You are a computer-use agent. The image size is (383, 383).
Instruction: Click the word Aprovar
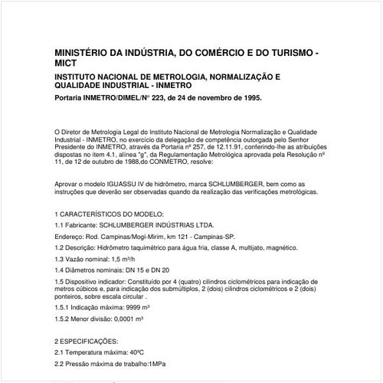click(x=69, y=185)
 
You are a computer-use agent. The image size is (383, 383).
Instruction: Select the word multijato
click(x=252, y=250)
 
